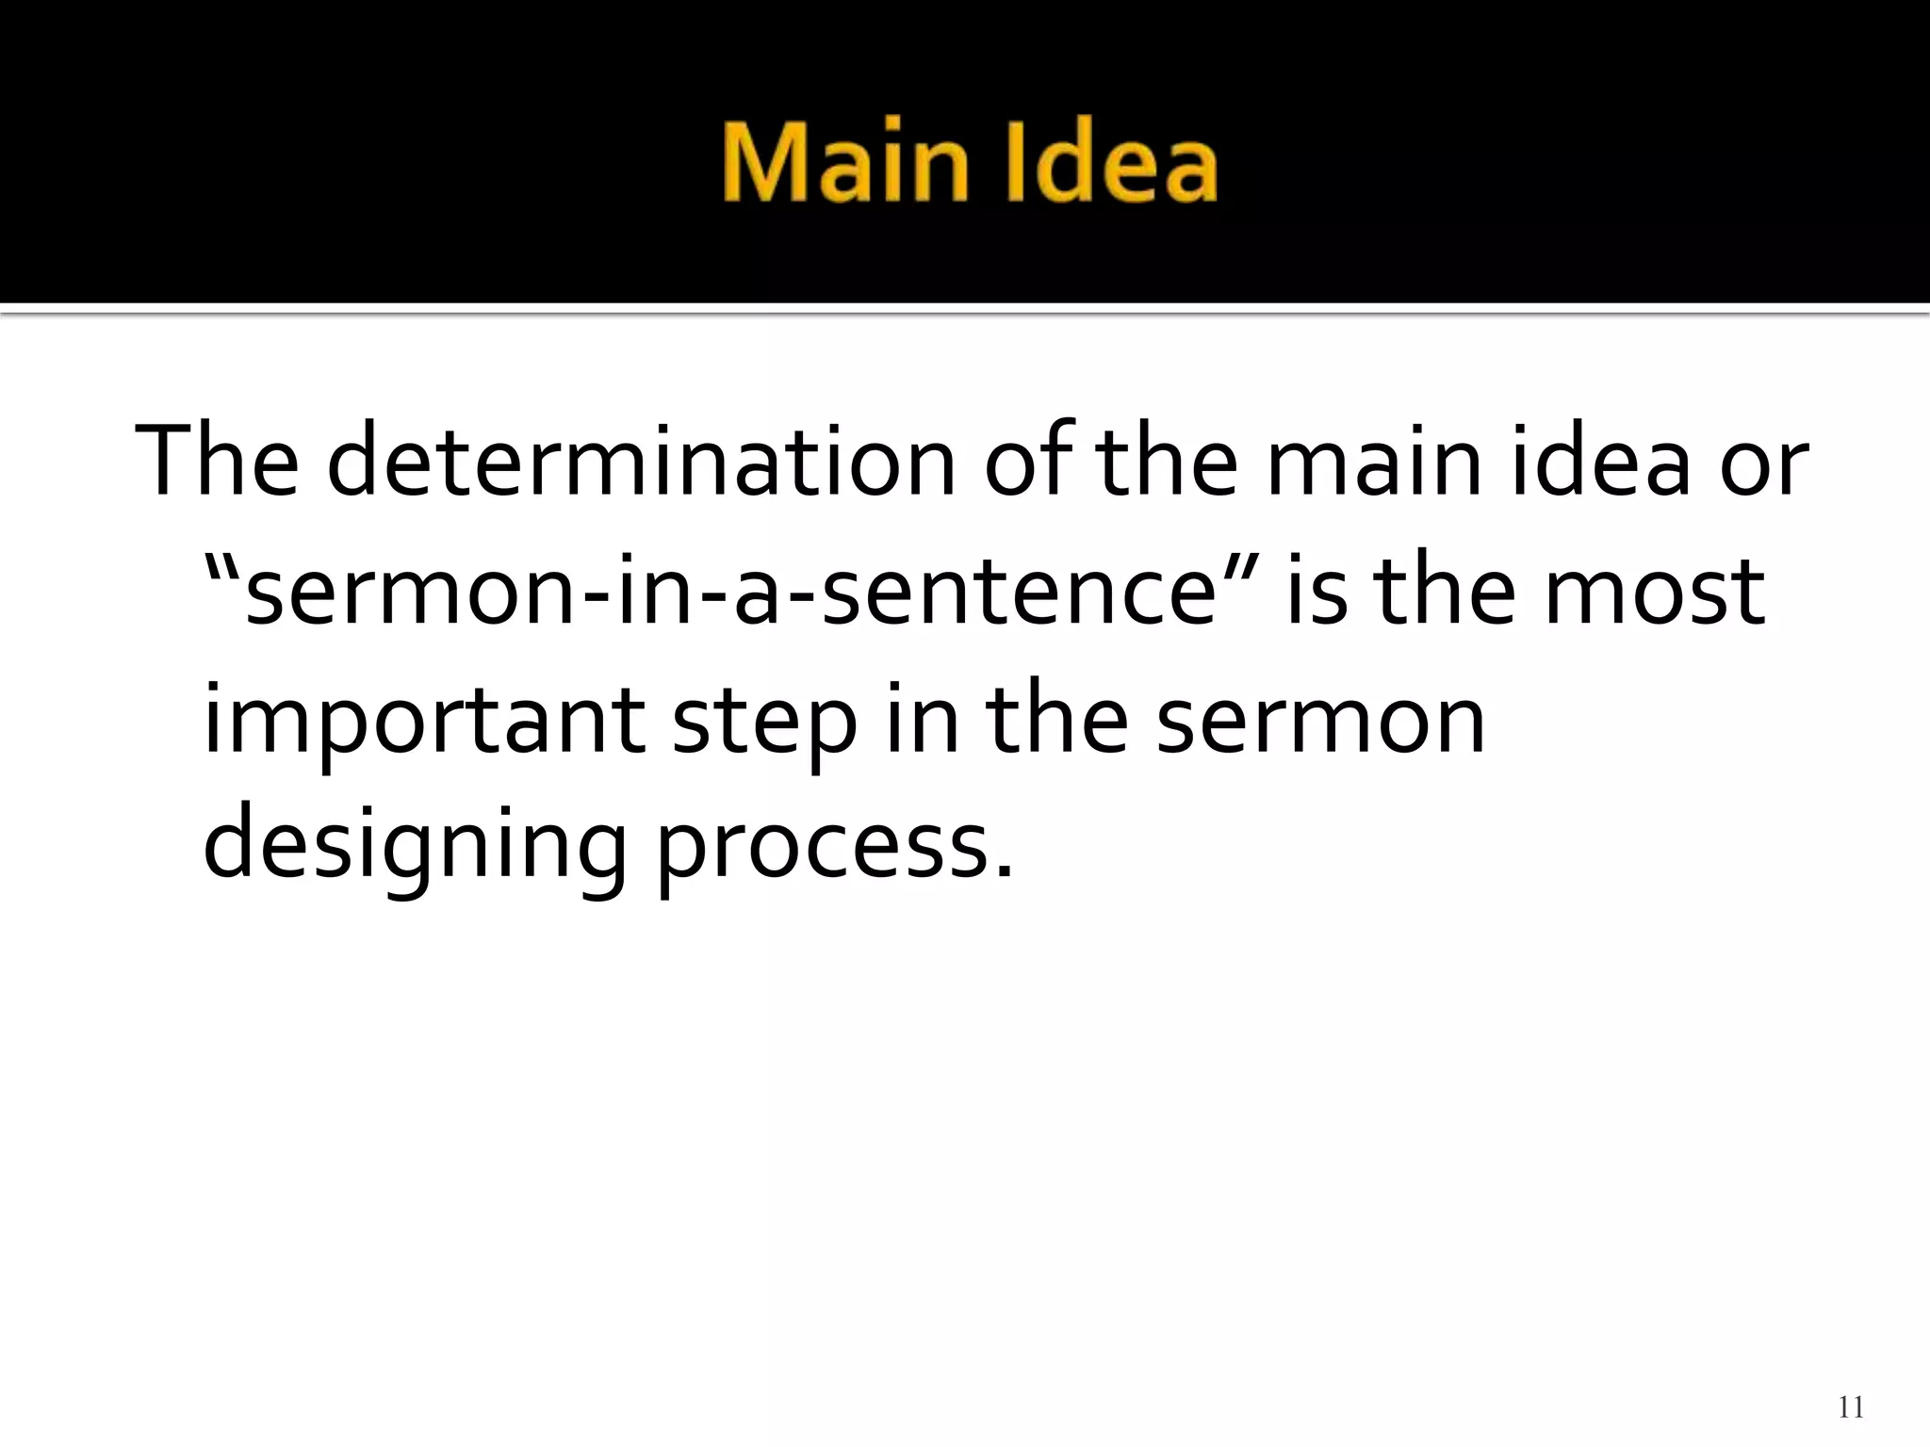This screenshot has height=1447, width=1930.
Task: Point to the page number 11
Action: tap(1851, 1407)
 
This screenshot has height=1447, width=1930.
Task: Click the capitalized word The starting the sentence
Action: tap(218, 462)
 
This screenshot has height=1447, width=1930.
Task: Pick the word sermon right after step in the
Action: tap(1319, 722)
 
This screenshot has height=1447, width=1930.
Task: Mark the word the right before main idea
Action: tap(1168, 462)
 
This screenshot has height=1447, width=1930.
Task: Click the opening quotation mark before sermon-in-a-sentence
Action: tap(223, 569)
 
